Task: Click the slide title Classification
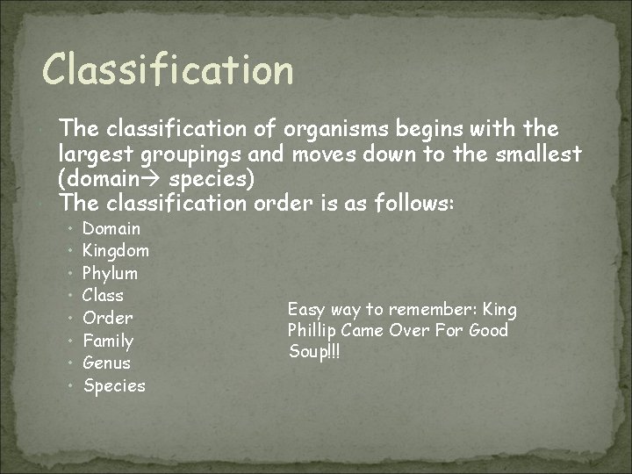[x=168, y=69]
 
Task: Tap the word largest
[x=97, y=154]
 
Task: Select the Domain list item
[x=111, y=228]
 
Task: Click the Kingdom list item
[x=116, y=251]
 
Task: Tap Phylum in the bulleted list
[x=110, y=273]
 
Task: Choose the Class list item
[x=103, y=296]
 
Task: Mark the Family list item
[x=108, y=341]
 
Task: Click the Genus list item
[x=106, y=363]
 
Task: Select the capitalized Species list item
[x=114, y=385]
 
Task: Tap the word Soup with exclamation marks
[x=312, y=352]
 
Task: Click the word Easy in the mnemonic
[x=305, y=310]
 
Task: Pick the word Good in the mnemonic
[x=489, y=331]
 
